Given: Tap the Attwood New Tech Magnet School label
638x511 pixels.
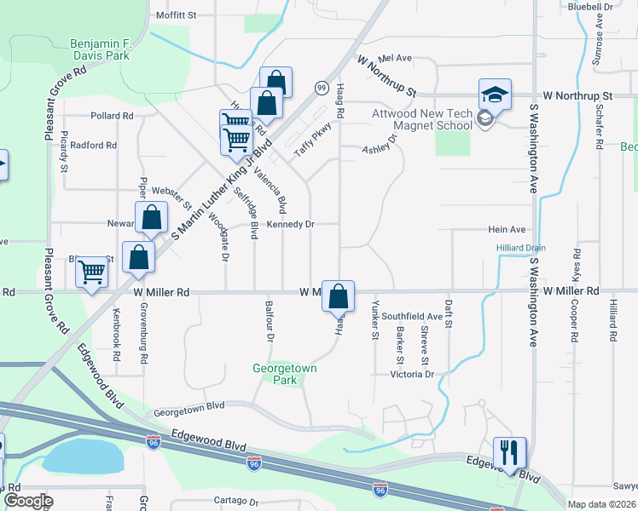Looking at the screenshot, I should [421, 119].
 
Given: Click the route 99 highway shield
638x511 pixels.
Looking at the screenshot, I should [322, 88].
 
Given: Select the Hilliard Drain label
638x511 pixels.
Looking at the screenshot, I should [520, 248].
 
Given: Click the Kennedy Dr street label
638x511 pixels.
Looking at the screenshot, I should [291, 225].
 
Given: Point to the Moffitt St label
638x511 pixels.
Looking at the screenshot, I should [177, 15].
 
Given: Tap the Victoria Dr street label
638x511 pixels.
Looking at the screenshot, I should [413, 374].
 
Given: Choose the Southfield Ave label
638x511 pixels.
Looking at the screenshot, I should [412, 316].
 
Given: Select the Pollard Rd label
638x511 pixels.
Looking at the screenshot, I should [112, 116].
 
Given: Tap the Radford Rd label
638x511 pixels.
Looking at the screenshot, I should [93, 146].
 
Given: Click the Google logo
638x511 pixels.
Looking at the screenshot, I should [28, 501].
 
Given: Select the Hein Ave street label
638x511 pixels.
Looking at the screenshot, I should [506, 230].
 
